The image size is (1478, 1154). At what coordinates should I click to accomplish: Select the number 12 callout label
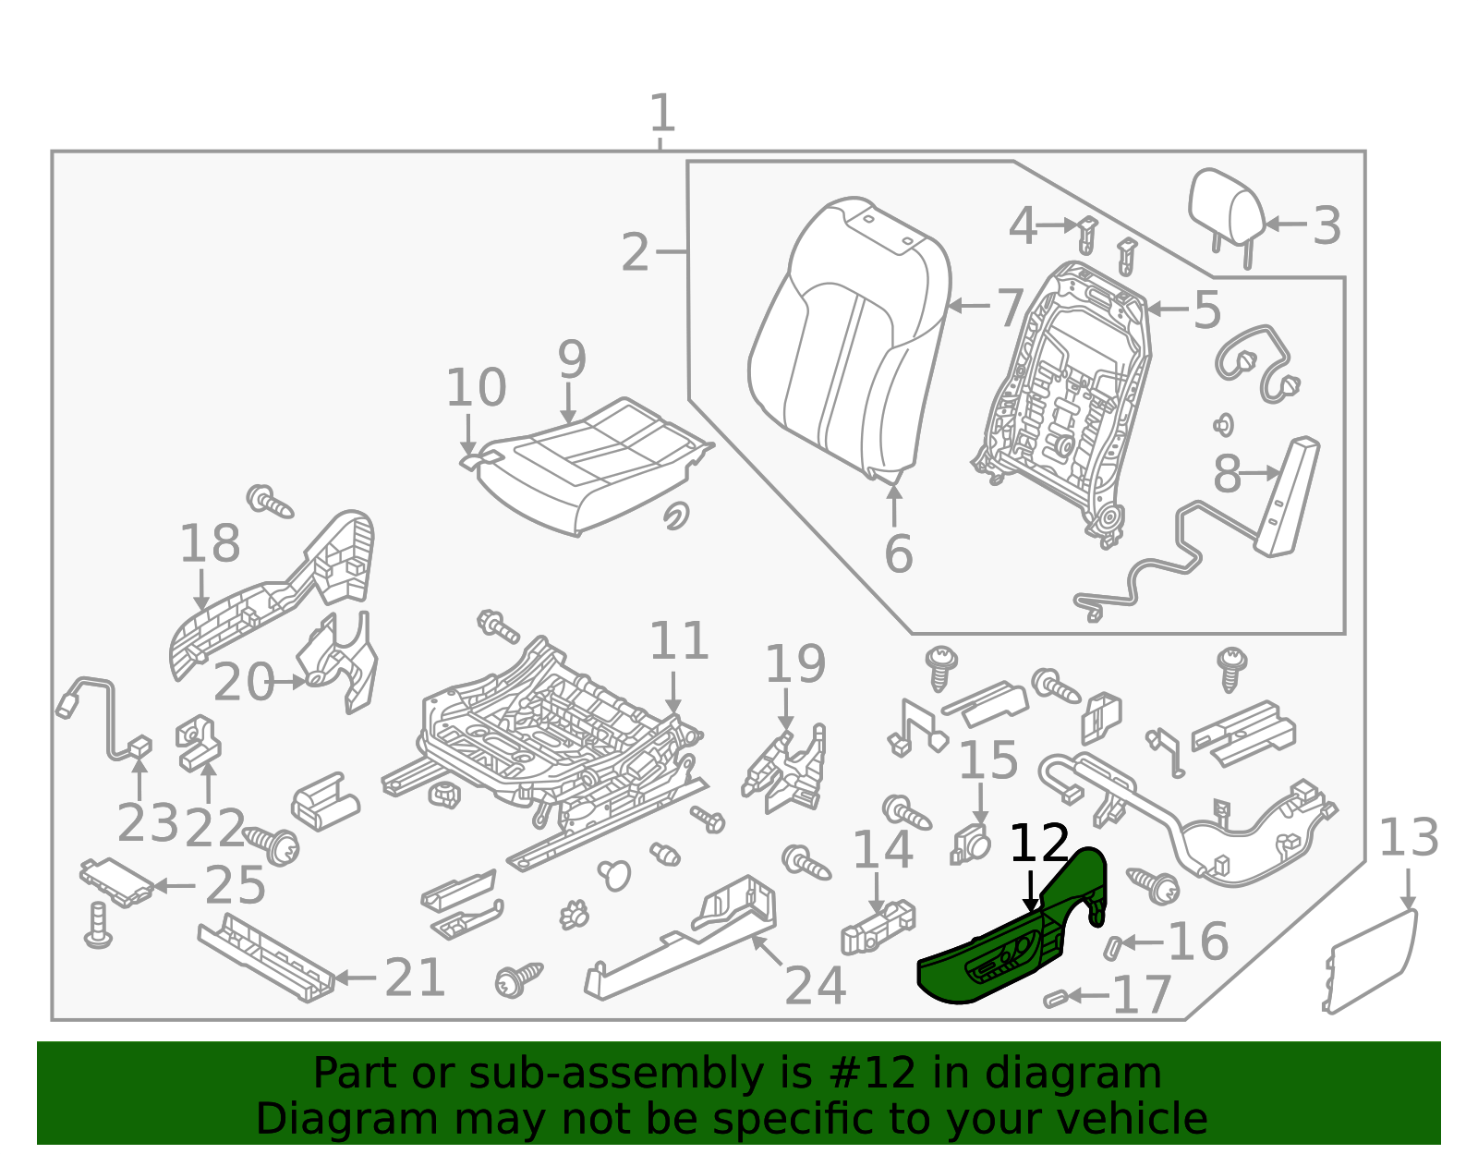(x=1039, y=844)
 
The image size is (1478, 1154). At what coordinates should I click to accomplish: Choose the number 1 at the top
(x=662, y=114)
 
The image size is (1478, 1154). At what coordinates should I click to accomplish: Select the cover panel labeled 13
(x=1372, y=961)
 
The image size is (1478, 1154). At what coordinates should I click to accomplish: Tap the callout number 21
(x=415, y=978)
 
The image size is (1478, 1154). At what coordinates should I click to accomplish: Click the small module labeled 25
(x=117, y=881)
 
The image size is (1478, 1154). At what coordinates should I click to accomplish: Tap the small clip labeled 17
(x=1055, y=999)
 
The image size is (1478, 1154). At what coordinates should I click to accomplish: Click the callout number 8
(x=1226, y=475)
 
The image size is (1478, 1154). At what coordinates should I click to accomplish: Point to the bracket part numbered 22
(x=198, y=744)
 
